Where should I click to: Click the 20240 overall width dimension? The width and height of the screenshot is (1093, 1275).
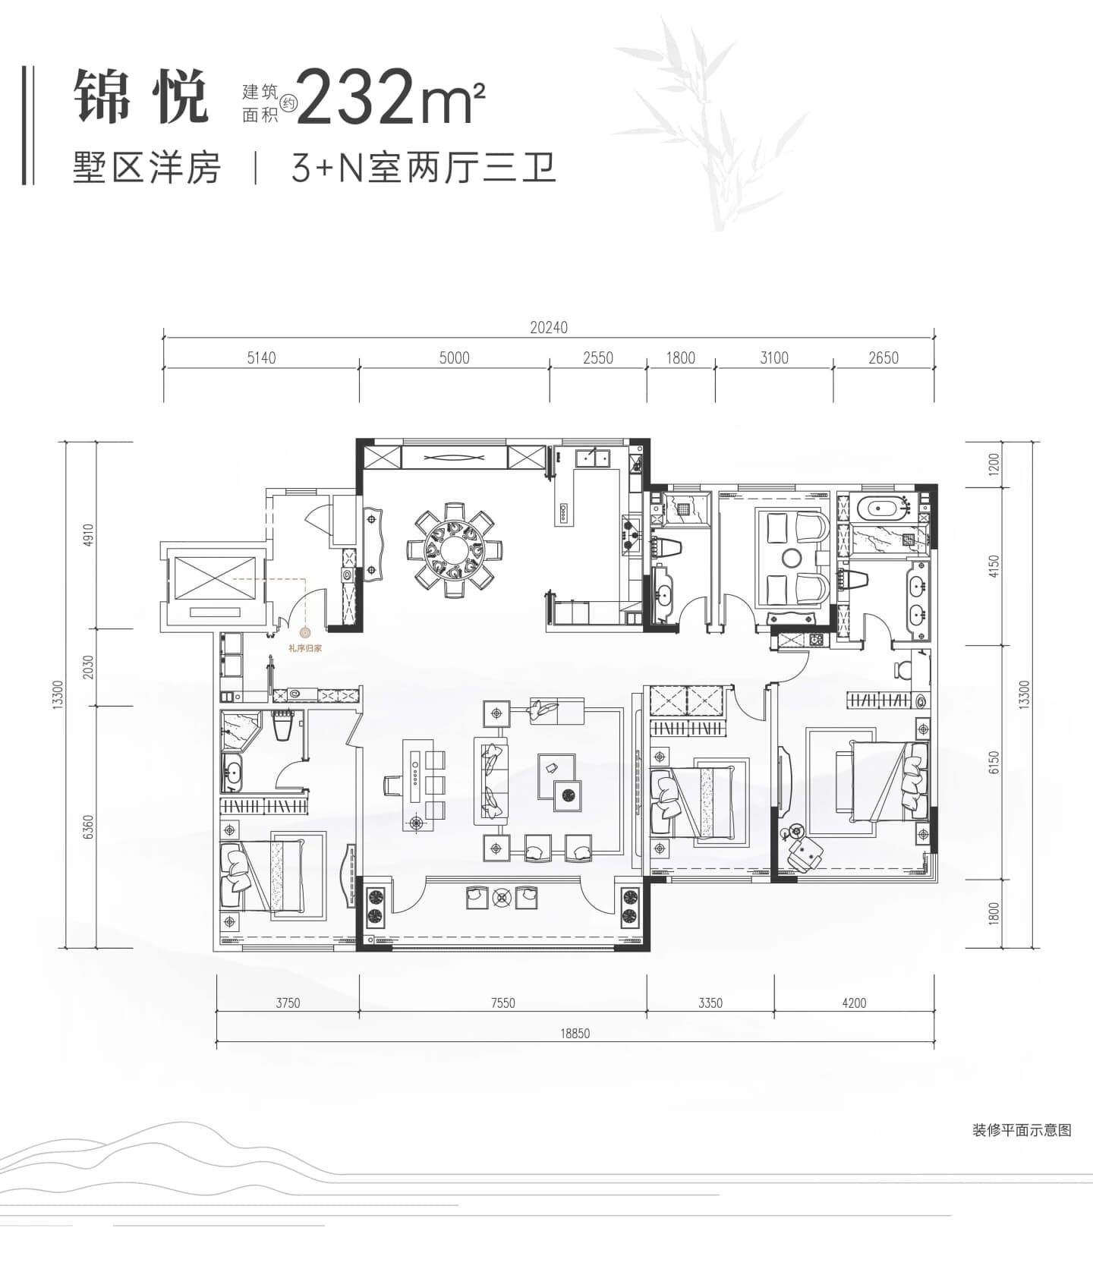pos(549,328)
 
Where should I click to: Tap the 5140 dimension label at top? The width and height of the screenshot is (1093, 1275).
pos(261,358)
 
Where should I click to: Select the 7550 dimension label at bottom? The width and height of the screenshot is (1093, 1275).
pos(502,1003)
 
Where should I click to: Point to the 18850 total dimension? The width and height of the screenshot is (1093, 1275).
pos(575,1034)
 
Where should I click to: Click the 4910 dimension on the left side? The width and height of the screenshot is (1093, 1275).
pos(88,536)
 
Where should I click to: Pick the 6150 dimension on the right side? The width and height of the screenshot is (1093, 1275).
pos(994,763)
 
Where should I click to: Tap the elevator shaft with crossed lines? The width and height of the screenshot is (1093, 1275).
pos(215,579)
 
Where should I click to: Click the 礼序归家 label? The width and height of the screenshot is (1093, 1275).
pos(305,649)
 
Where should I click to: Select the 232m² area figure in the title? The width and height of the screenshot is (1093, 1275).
pos(391,96)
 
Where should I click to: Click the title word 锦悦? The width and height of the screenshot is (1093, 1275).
pos(141,97)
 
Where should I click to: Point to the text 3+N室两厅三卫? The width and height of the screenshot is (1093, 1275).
pos(424,168)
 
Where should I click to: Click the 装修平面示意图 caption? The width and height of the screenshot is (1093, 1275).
pos(1022,1130)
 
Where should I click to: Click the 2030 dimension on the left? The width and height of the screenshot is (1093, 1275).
pos(88,668)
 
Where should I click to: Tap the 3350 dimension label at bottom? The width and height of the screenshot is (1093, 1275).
pos(710,1003)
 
